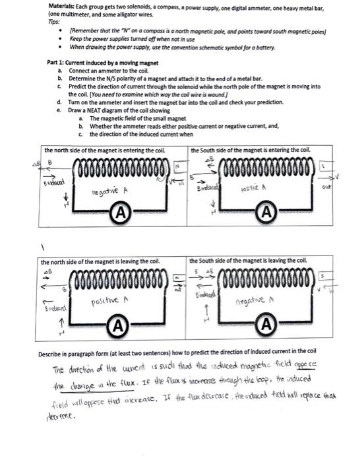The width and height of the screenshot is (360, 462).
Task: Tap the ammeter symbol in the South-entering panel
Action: (x=266, y=213)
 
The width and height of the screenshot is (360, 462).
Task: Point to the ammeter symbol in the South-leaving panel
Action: (x=266, y=325)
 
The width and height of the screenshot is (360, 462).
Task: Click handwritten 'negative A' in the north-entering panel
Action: (x=112, y=190)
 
